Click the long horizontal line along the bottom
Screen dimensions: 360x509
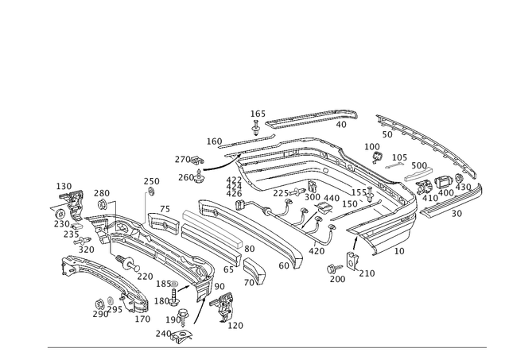(x=270, y=346)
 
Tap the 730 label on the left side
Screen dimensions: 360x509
(x=101, y=192)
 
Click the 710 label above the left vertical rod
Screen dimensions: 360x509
(x=151, y=180)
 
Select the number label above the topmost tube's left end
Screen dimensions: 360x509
(x=258, y=114)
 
